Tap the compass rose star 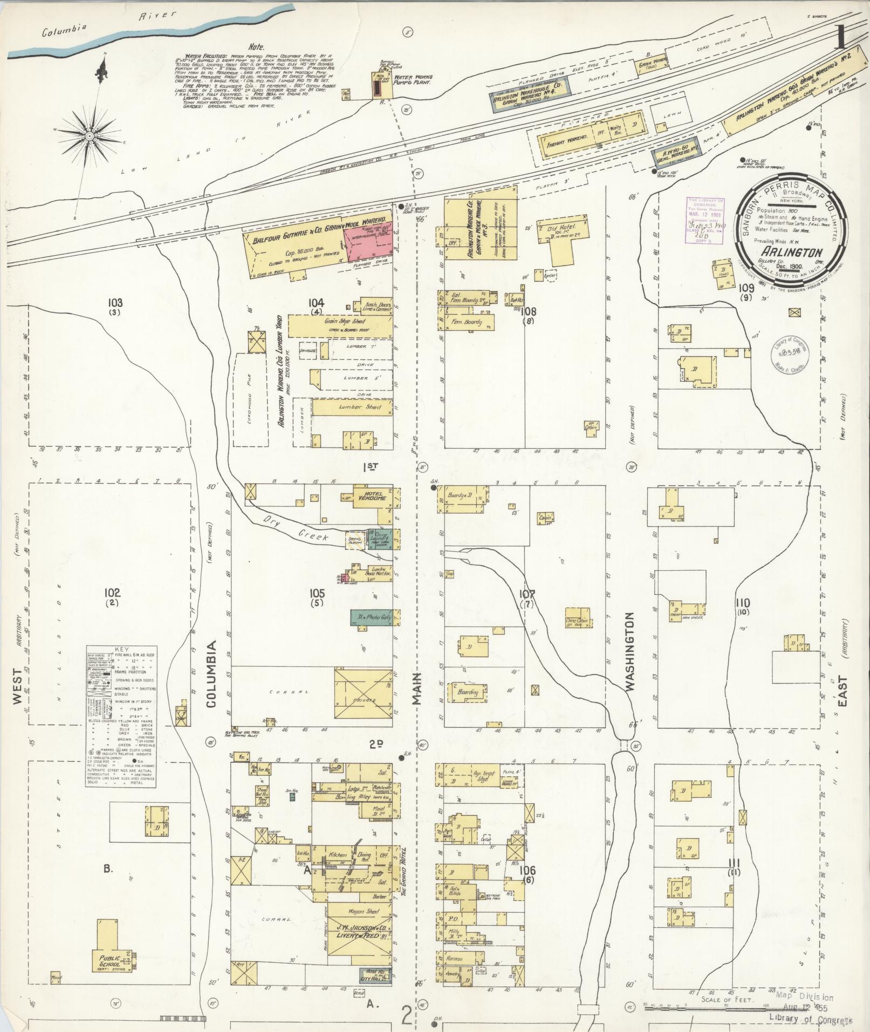point(90,131)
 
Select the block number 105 point(317,594)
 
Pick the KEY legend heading point(122,650)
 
